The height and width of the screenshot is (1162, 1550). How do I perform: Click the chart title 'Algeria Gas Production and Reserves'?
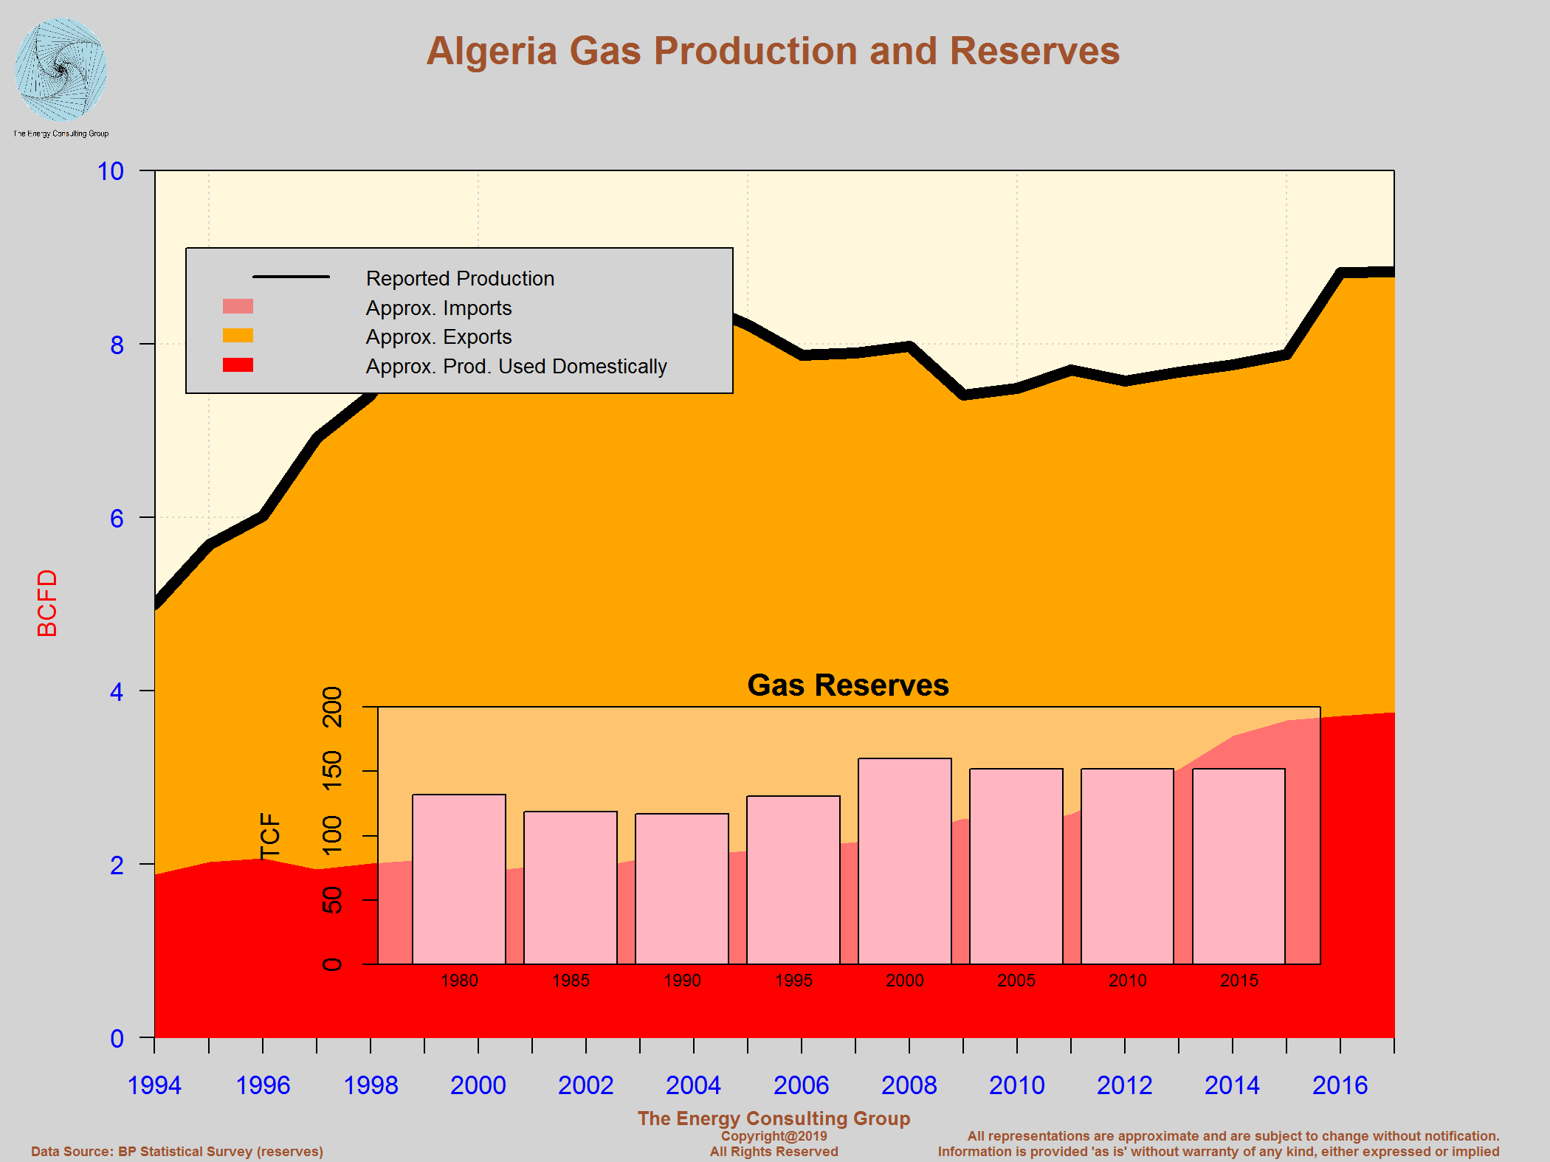click(x=773, y=52)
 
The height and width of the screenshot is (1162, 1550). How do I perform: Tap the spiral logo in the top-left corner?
click(x=61, y=70)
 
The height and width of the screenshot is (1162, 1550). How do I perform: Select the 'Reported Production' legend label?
click(x=460, y=279)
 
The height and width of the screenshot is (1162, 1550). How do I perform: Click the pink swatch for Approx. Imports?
click(x=238, y=307)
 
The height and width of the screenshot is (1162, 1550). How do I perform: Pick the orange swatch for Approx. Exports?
click(x=238, y=336)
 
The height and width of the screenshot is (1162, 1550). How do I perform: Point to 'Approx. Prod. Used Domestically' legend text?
click(x=516, y=367)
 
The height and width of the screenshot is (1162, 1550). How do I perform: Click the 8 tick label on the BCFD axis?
click(x=117, y=345)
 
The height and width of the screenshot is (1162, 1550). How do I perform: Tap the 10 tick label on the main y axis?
click(x=111, y=172)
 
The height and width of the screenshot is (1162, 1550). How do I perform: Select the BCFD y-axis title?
click(x=47, y=603)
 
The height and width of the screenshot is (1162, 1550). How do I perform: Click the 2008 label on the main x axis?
click(x=909, y=1085)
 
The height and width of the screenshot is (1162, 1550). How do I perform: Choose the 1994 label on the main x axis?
click(x=154, y=1085)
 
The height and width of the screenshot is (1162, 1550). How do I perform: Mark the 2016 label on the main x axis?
click(x=1340, y=1085)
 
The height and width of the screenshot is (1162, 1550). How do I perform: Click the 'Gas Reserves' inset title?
click(x=848, y=685)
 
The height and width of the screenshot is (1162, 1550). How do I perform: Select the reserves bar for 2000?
click(x=904, y=861)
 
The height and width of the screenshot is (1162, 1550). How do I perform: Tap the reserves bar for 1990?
click(x=681, y=888)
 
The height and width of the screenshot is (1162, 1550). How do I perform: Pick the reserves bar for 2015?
click(x=1239, y=866)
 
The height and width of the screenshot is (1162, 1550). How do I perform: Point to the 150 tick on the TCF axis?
click(x=333, y=770)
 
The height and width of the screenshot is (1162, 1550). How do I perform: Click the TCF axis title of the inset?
click(x=271, y=836)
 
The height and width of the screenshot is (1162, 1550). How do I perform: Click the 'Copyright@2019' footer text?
click(x=774, y=1136)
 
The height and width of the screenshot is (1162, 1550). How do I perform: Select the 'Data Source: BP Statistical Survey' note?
click(x=177, y=1152)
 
